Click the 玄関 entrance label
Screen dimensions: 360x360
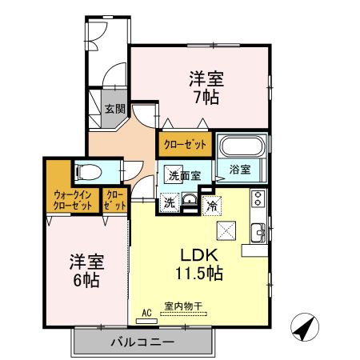(x=115, y=109)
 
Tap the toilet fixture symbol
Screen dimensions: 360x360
(x=89, y=172)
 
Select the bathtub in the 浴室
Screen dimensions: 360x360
(x=242, y=146)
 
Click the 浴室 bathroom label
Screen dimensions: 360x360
(x=240, y=169)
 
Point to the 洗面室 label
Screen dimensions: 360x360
(x=185, y=175)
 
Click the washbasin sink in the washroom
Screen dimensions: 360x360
(x=190, y=199)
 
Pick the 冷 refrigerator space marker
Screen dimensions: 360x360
(x=212, y=206)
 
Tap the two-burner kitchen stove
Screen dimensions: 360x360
(x=258, y=198)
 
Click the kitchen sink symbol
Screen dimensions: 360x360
(x=258, y=232)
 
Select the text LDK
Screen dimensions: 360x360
(x=199, y=255)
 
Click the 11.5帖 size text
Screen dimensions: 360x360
(x=199, y=273)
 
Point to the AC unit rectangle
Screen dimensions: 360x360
(x=146, y=321)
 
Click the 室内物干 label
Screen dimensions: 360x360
(x=183, y=306)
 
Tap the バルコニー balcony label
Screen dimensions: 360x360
(x=142, y=342)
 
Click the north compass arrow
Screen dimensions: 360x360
(x=305, y=327)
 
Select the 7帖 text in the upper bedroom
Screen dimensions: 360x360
(x=206, y=97)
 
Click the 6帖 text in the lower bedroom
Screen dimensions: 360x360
(x=86, y=280)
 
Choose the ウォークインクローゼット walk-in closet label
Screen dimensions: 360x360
(x=73, y=201)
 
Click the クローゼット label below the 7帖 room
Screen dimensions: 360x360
(x=185, y=145)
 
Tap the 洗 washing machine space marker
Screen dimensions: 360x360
(x=170, y=202)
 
